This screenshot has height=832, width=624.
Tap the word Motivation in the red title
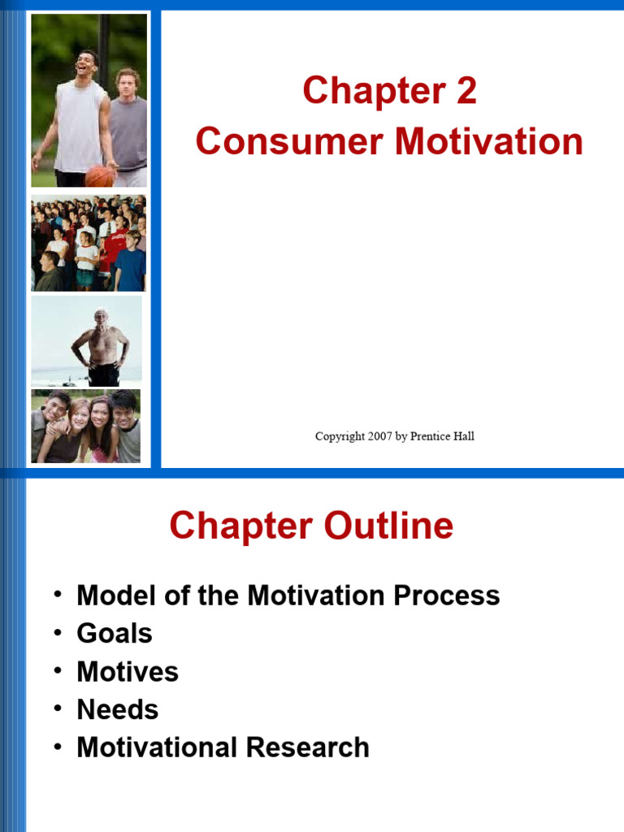coord(489,141)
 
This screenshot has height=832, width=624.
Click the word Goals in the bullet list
coord(115,634)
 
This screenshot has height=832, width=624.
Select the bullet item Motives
coord(128,672)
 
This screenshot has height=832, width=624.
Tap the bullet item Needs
coord(118,709)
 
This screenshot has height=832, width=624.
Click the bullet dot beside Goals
coord(58,631)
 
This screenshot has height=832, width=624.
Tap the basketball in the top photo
coord(99,175)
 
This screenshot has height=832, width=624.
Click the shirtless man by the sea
coord(101,345)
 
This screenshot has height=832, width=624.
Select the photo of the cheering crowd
coord(89,242)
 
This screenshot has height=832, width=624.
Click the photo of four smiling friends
coord(86,427)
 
